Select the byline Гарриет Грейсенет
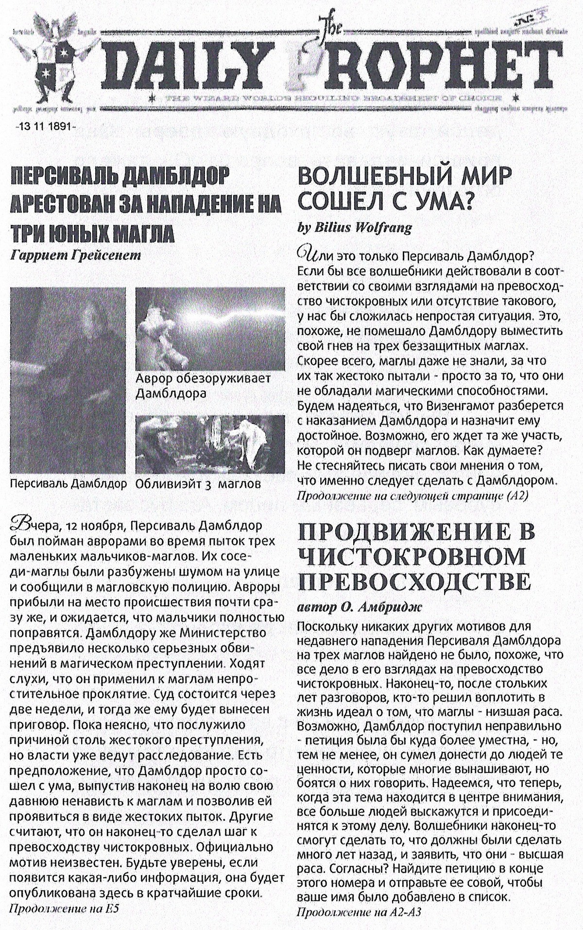(x=75, y=254)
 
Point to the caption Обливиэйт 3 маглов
(x=199, y=484)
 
